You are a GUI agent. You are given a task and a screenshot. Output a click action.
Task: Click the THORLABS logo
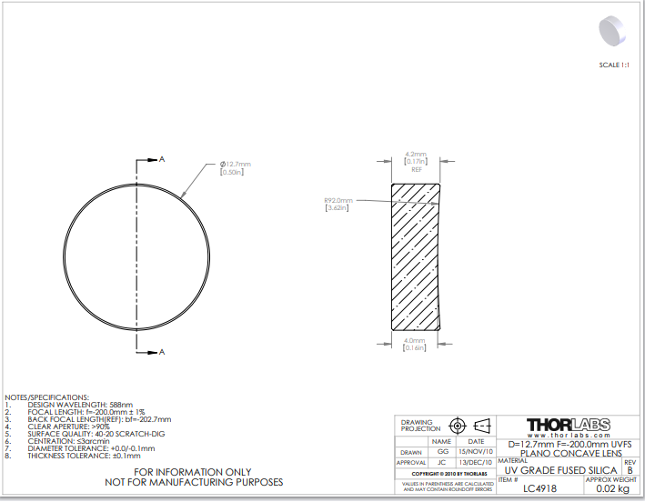(568, 425)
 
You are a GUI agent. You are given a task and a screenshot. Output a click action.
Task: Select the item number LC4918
(539, 488)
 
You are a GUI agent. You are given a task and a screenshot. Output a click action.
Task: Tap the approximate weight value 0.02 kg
(612, 489)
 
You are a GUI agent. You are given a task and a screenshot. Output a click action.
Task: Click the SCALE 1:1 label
(614, 65)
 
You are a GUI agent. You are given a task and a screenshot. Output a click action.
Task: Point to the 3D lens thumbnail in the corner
(611, 31)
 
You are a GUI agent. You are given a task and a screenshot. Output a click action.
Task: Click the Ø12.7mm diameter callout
(236, 164)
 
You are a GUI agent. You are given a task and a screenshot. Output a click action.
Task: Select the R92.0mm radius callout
(338, 200)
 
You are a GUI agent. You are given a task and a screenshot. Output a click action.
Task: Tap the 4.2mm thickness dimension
(416, 155)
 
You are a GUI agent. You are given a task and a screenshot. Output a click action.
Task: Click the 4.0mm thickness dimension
(414, 340)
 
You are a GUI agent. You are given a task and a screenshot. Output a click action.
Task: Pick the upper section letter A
(162, 159)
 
